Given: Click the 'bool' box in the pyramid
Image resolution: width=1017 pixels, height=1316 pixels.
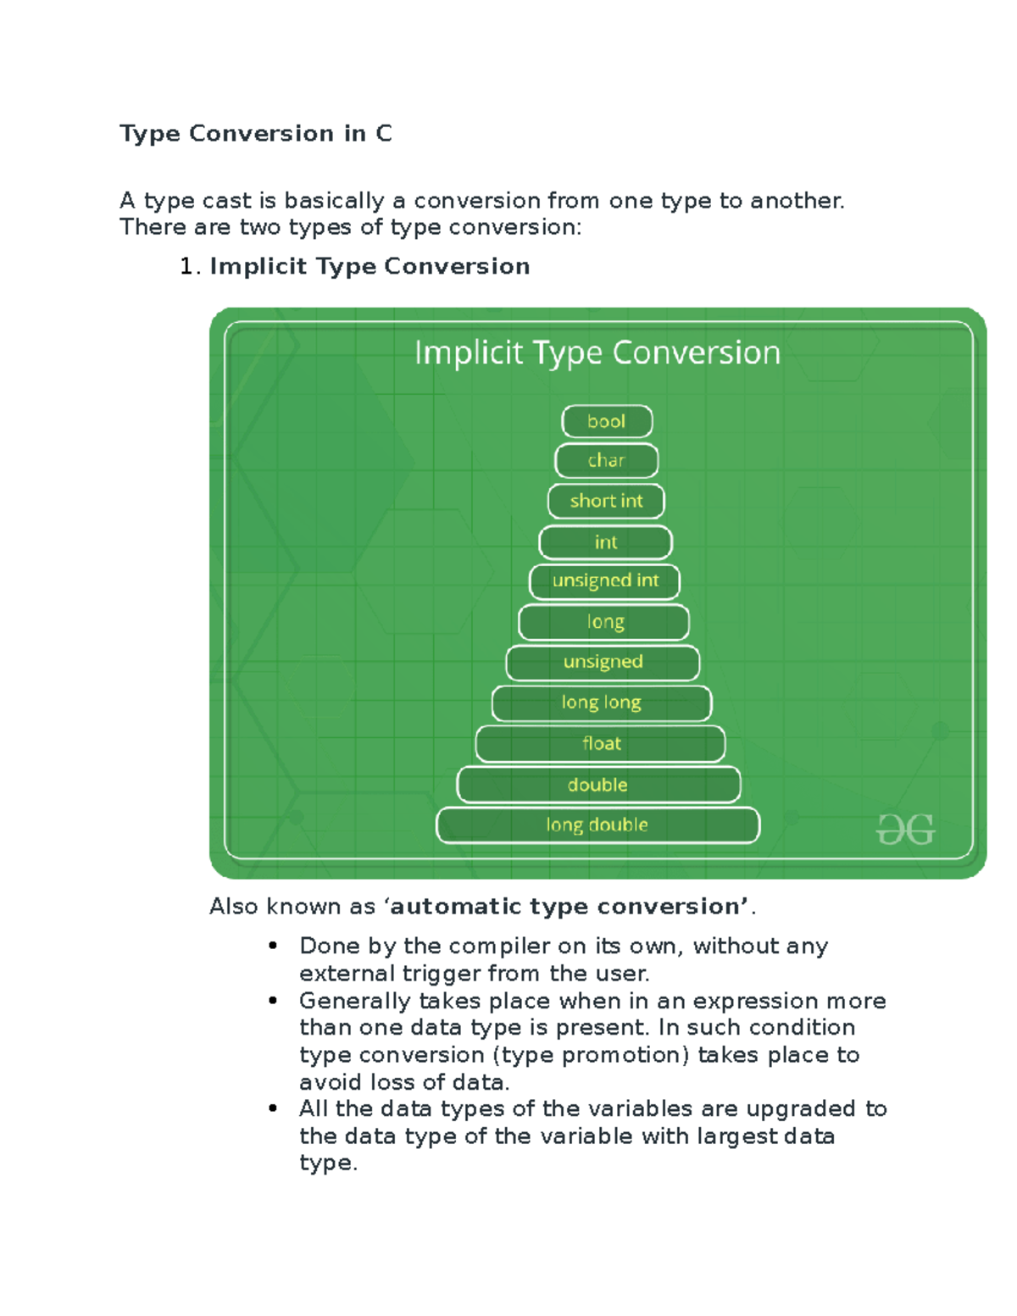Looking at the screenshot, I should point(607,421).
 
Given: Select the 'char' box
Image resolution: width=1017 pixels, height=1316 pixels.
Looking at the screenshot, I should point(606,461).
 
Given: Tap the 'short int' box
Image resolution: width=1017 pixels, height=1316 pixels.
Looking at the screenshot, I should point(606,501).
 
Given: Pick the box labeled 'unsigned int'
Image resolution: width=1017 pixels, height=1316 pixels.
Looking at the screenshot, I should point(605,581).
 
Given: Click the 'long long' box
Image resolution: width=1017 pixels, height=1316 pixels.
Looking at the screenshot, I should point(602,702).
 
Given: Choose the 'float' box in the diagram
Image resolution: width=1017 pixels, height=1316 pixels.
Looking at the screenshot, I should point(601,744).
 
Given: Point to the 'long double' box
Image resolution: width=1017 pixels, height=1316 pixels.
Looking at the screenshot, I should point(597,825).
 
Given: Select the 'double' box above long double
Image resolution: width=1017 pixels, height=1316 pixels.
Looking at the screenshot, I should point(598,785).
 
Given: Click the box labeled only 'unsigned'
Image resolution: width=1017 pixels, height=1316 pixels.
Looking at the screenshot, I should point(603,663).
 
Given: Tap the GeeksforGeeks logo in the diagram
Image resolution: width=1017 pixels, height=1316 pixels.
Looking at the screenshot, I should point(905,830).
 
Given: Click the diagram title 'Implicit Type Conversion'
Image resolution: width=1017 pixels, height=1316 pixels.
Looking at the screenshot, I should point(597,353).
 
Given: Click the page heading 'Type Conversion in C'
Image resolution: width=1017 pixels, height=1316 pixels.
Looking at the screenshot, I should point(256,134).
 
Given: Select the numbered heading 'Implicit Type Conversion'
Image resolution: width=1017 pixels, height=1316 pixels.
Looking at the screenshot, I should point(370,267).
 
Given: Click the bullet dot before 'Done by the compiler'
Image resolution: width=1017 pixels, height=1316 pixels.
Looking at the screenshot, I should point(273,946).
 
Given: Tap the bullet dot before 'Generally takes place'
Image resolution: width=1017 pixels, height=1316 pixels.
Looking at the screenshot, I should point(273,1001).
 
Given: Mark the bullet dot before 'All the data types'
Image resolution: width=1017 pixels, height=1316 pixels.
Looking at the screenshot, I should point(273,1108).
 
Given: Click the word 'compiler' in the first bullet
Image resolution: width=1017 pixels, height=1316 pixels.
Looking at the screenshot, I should point(499,946).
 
